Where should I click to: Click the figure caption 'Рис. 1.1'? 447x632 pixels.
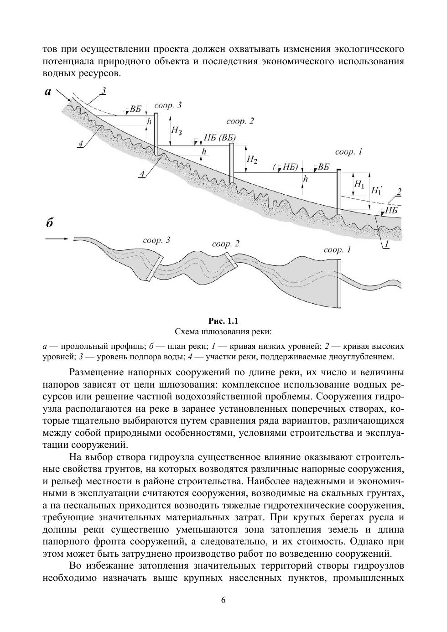(223, 321)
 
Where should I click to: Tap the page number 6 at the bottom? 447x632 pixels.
(223, 600)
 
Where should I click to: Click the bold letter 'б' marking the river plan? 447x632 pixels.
(50, 223)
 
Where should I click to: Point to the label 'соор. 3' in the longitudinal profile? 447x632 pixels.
(168, 105)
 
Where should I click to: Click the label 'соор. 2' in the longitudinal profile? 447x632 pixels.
(239, 121)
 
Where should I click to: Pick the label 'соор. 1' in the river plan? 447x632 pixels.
(337, 250)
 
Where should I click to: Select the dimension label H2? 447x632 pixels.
(252, 160)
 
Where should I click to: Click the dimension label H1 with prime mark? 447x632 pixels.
(377, 190)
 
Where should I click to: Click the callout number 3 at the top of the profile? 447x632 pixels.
(104, 91)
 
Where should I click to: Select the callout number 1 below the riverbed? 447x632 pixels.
(386, 244)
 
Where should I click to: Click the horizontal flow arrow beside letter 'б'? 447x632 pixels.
(57, 238)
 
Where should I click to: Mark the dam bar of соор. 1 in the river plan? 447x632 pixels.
(338, 283)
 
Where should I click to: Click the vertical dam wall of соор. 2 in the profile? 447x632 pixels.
(232, 162)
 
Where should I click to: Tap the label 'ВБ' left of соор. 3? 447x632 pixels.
(135, 109)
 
